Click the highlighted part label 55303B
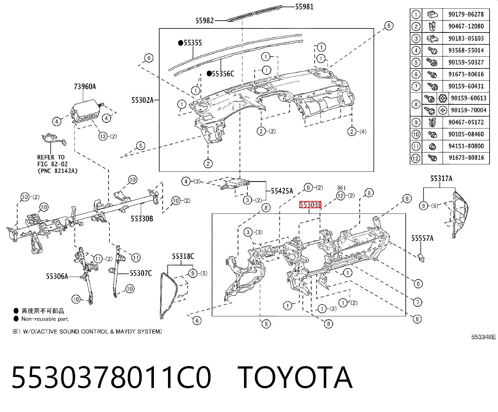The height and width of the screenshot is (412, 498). click(310, 204)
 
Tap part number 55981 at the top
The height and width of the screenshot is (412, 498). click(304, 7)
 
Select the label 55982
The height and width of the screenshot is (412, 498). click(204, 21)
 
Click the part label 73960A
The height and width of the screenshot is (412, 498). click(85, 86)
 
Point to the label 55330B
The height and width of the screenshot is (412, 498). click(142, 219)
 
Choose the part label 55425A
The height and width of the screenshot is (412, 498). click(282, 191)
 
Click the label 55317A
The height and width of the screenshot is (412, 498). click(441, 178)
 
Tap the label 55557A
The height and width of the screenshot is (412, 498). click(422, 238)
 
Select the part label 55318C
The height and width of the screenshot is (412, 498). click(183, 256)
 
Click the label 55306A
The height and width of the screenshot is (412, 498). click(57, 276)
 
